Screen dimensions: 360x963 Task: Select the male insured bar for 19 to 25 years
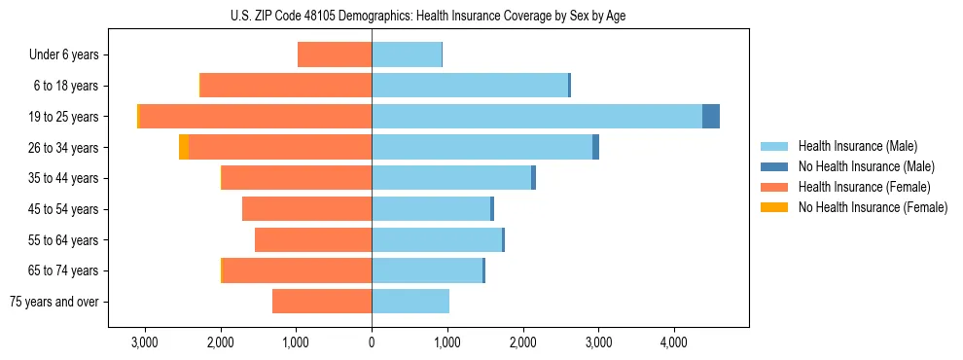(536, 117)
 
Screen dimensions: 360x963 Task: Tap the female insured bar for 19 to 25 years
(256, 117)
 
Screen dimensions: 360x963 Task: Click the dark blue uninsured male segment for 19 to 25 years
(711, 117)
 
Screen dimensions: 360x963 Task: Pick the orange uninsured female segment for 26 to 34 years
(184, 147)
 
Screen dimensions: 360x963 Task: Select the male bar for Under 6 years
(407, 54)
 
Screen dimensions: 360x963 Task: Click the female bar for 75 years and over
(322, 302)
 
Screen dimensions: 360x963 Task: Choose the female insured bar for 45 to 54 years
(306, 209)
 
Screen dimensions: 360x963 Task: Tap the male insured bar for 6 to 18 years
(469, 86)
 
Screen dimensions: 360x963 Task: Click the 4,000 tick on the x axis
(674, 342)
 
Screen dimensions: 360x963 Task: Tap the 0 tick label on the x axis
(372, 342)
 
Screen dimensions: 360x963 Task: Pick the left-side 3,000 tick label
(144, 342)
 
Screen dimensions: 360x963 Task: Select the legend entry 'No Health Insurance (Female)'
(873, 207)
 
